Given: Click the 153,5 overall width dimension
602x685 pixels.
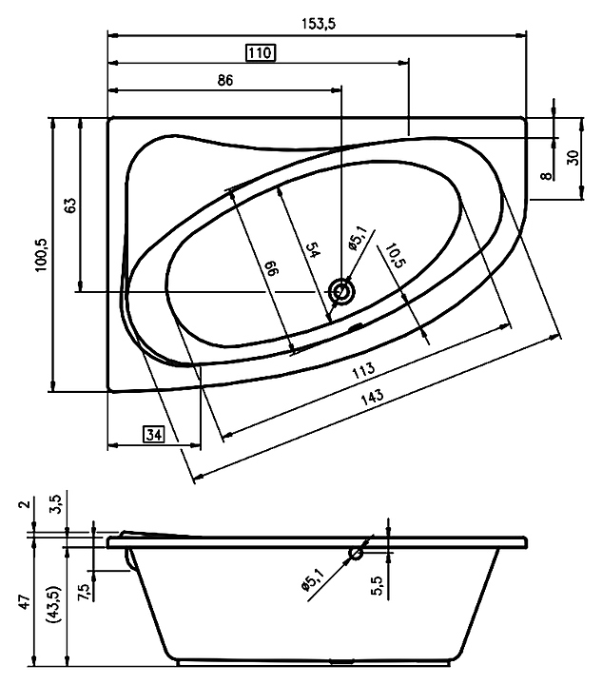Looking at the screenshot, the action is [319, 24].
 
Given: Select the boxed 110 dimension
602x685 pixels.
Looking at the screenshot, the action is [261, 53].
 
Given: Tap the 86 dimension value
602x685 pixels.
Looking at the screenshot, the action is [225, 80].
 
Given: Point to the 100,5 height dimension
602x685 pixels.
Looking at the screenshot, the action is [43, 255].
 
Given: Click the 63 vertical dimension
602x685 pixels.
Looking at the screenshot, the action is [69, 205].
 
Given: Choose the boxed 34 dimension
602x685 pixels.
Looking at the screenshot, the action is [154, 435].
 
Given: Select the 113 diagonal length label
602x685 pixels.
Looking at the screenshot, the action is [363, 369].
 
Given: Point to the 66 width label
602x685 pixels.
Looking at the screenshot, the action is [272, 267].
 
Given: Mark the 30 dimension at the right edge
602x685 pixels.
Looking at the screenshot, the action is [574, 157].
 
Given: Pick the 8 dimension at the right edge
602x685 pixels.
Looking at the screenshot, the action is [546, 176].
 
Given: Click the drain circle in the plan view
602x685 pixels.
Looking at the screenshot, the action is [341, 291].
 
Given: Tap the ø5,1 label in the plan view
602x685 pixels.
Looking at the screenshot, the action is [357, 239].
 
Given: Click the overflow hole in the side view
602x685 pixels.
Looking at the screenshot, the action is [356, 555].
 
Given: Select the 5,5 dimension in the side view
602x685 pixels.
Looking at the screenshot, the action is [377, 585].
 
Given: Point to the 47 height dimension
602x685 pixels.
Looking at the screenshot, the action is [25, 602].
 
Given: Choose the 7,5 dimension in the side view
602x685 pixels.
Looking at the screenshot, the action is [85, 593].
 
